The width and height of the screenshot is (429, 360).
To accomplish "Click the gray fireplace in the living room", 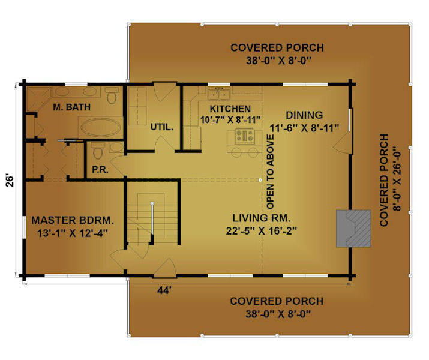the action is click(x=353, y=229).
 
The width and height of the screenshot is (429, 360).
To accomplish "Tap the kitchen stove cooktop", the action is click(x=245, y=136).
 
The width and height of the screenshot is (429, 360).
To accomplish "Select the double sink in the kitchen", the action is click(x=219, y=94).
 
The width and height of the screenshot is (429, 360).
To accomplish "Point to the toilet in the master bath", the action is click(x=112, y=95).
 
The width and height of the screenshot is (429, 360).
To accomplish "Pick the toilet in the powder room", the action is click(x=98, y=150).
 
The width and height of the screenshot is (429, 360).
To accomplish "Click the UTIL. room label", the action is click(x=161, y=127).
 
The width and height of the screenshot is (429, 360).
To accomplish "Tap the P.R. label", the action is click(x=100, y=170).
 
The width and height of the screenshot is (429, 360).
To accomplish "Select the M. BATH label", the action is click(x=71, y=107).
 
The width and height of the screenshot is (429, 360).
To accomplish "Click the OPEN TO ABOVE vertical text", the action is click(x=270, y=172).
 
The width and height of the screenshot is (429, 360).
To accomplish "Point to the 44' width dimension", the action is click(x=164, y=290).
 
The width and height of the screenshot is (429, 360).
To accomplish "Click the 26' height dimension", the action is click(x=10, y=181).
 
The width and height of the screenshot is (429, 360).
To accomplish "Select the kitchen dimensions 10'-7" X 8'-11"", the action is click(x=230, y=120).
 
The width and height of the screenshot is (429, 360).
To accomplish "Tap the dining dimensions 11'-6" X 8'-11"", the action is click(x=304, y=128).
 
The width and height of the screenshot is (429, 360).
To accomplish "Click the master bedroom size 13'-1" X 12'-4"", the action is click(x=73, y=233).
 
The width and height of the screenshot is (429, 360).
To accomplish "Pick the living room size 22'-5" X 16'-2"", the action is click(x=262, y=231).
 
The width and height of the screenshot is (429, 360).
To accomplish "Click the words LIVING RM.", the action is click(x=261, y=218).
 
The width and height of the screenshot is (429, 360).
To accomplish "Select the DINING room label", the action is click(x=304, y=115).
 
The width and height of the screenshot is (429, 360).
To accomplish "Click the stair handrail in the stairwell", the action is click(x=152, y=218).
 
